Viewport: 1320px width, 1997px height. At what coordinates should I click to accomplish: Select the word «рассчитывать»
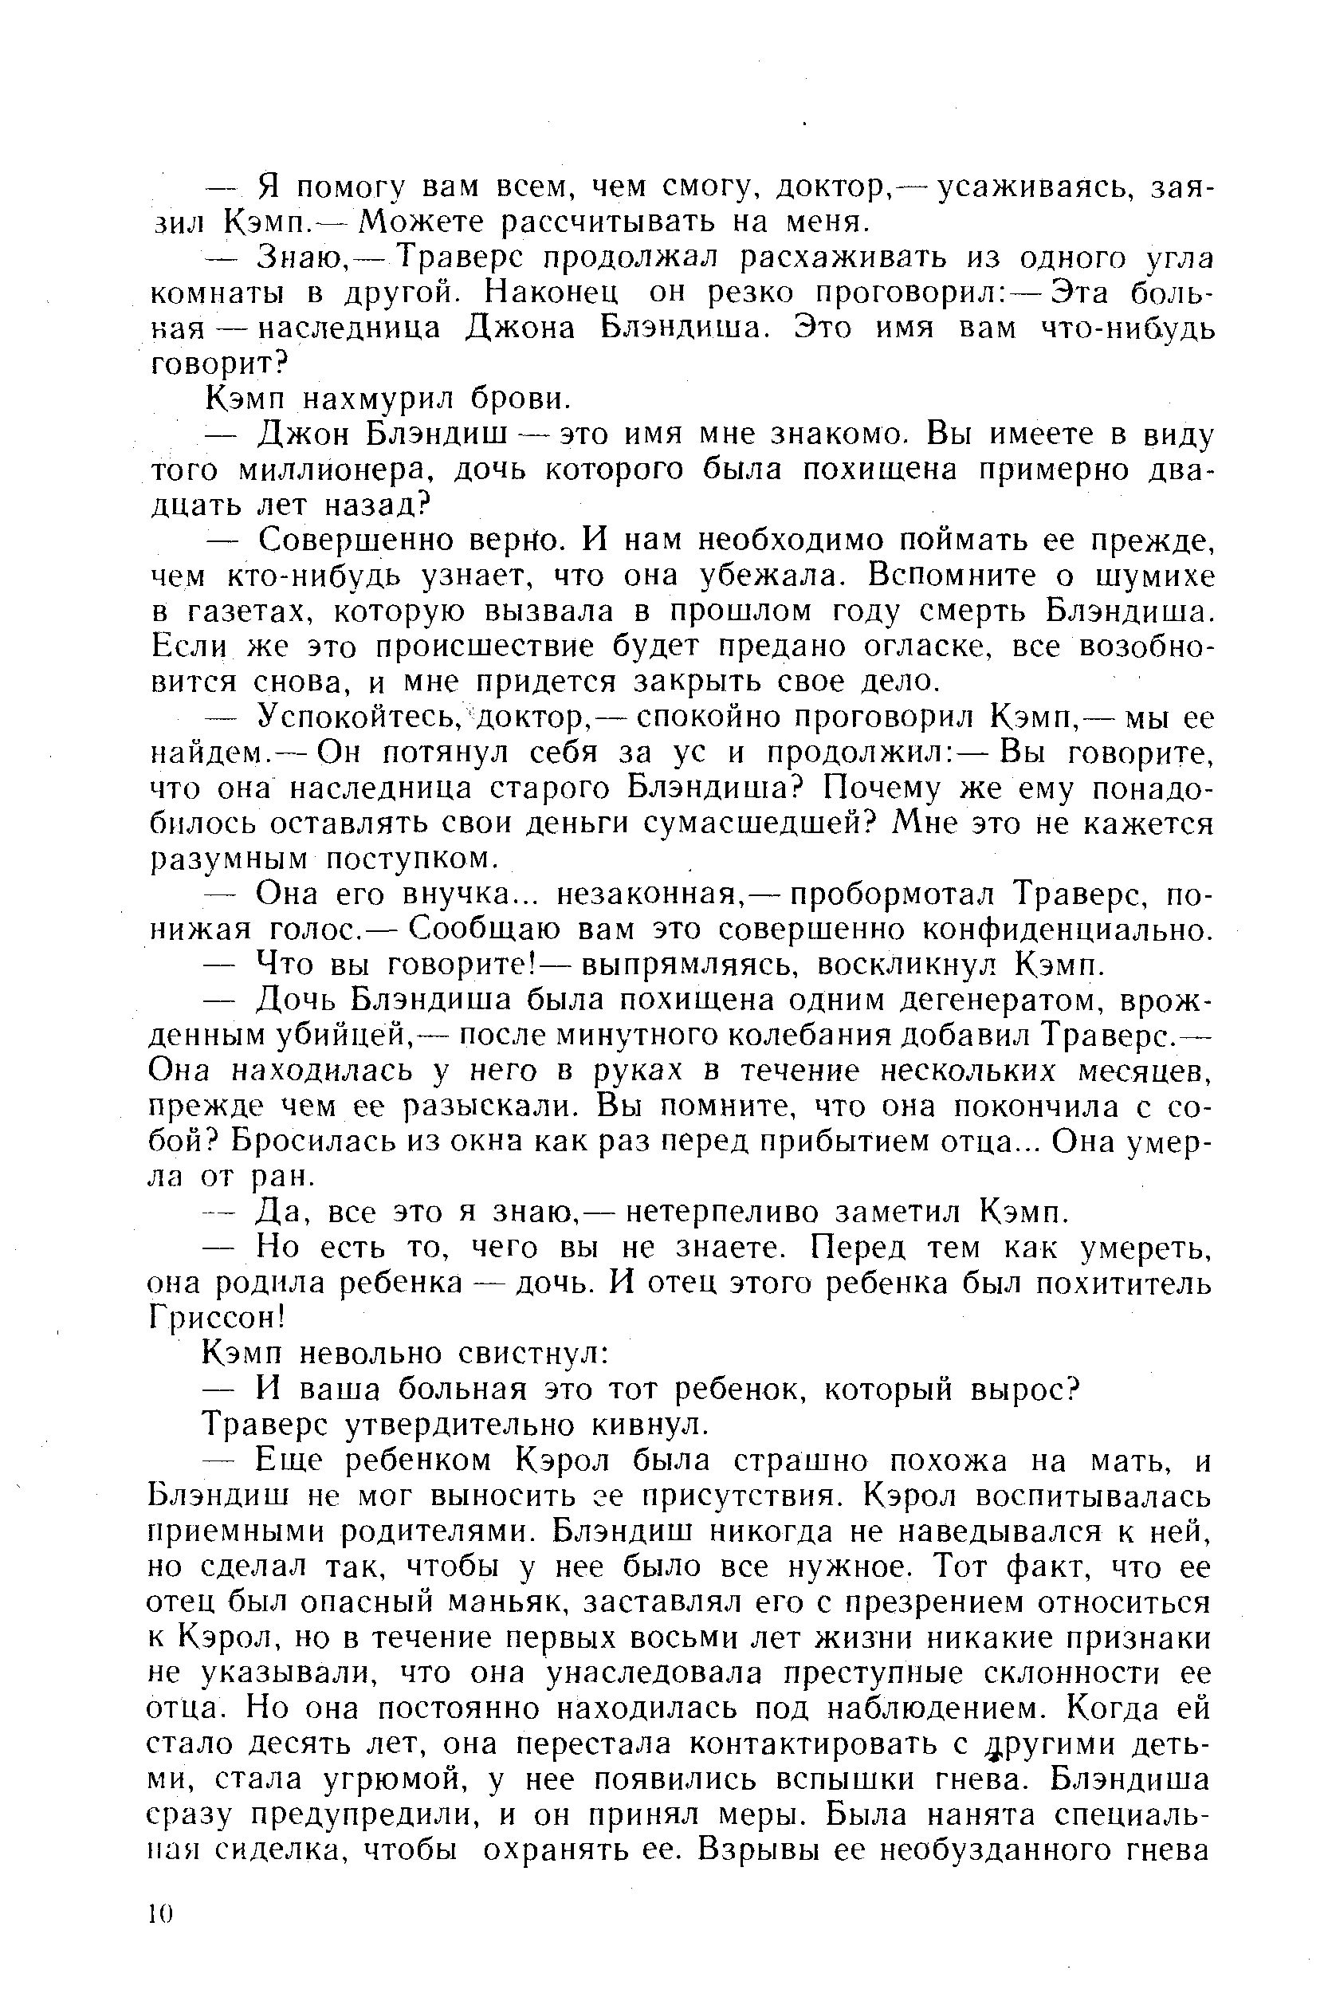tap(608, 222)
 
